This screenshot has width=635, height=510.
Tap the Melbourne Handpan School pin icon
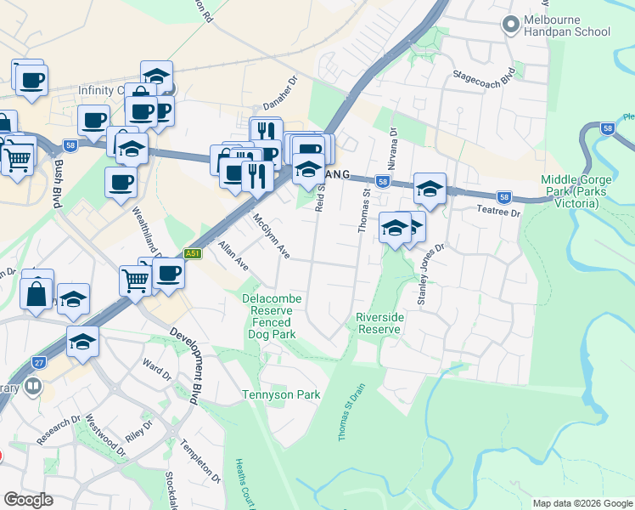510,25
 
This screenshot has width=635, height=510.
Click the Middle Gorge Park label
580,187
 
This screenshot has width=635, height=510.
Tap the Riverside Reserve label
379,322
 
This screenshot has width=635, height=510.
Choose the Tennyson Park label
281,394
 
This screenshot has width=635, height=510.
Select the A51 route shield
194,253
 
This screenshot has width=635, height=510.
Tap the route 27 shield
38,362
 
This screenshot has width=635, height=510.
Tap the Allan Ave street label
233,254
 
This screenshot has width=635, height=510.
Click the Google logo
29,501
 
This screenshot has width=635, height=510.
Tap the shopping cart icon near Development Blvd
136,279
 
